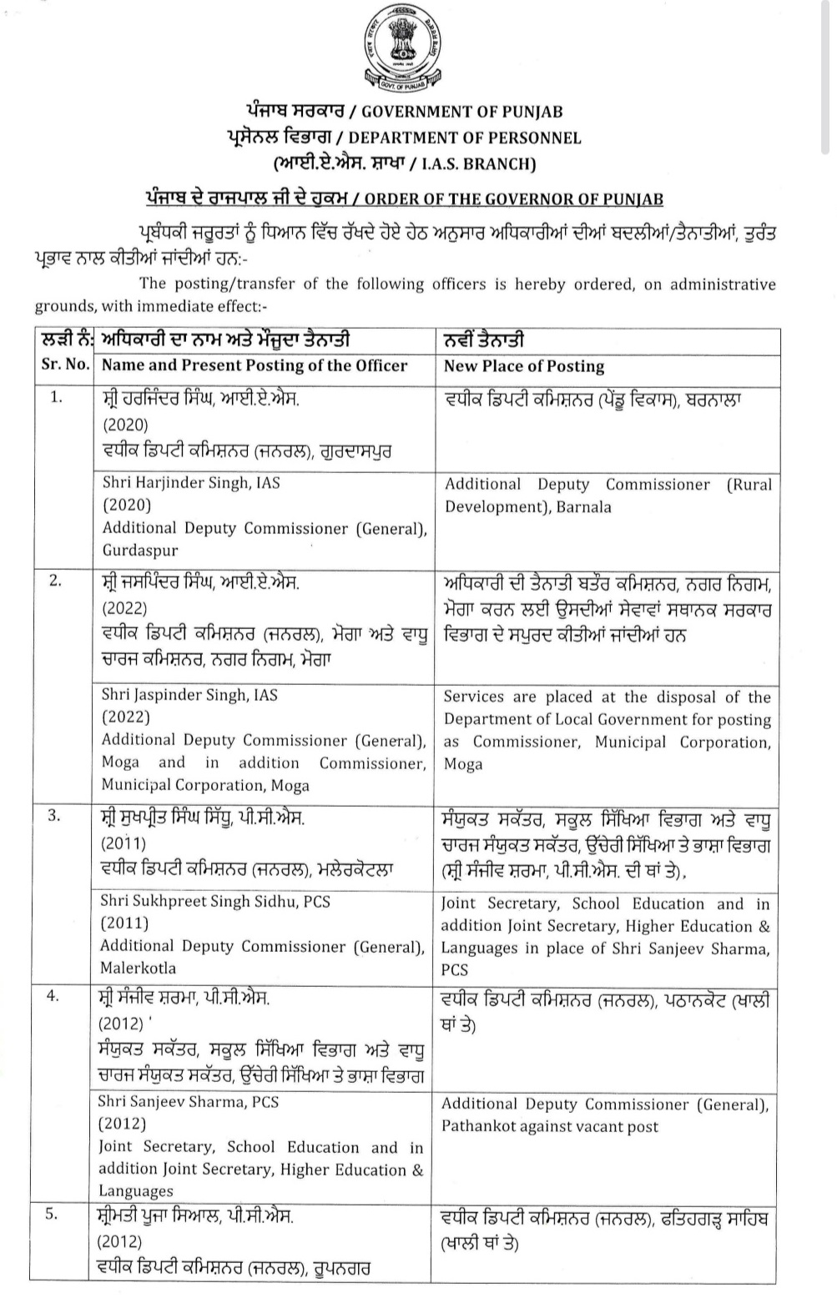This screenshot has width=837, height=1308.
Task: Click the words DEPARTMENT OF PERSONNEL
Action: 465,138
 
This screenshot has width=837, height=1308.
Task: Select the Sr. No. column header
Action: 66,365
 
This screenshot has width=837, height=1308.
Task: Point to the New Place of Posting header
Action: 524,365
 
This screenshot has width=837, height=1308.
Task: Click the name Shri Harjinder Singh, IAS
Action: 191,482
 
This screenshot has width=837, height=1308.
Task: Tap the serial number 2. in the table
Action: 55,581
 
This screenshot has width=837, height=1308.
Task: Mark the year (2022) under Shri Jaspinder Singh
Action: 125,717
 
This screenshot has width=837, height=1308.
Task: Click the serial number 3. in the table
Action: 54,816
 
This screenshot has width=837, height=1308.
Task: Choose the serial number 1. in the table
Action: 55,397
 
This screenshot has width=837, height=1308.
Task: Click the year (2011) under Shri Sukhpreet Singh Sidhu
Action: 124,923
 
